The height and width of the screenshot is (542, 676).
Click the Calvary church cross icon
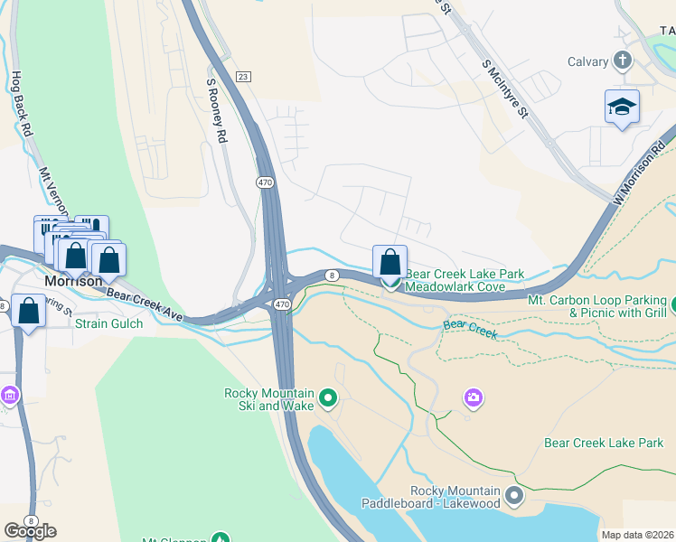(622, 61)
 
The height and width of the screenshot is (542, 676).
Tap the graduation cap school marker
(622, 107)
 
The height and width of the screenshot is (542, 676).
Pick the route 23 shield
(243, 78)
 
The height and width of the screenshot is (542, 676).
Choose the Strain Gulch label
(104, 322)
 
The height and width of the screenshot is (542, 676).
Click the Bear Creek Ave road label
(145, 301)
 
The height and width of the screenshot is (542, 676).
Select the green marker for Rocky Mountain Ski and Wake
(328, 397)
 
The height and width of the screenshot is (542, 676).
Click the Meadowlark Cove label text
(455, 286)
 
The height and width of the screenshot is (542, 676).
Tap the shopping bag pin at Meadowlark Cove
(390, 263)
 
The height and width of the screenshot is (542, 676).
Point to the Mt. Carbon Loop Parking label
(596, 300)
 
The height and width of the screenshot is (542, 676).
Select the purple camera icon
(473, 397)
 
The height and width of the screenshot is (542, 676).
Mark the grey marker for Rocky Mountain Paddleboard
(514, 494)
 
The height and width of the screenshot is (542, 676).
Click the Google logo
(30, 531)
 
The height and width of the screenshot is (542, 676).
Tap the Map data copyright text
(636, 535)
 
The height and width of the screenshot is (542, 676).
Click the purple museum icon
(9, 396)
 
